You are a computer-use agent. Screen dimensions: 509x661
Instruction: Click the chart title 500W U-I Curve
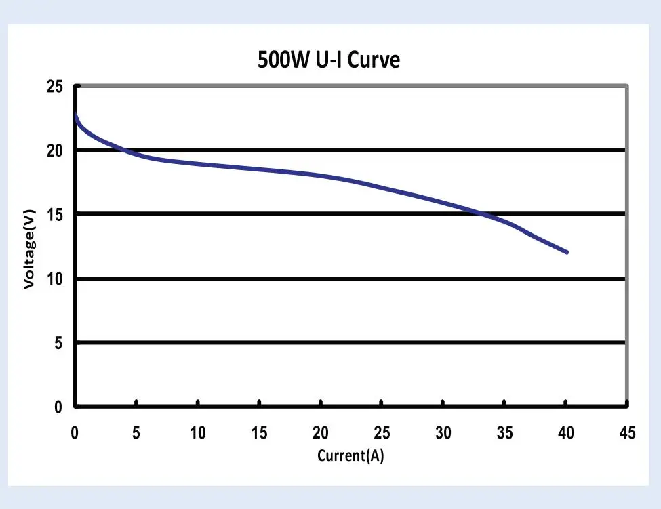[x=329, y=60]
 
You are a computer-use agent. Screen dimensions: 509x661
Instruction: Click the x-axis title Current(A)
[x=350, y=455]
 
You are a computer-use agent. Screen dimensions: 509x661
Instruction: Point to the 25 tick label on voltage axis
[x=54, y=86]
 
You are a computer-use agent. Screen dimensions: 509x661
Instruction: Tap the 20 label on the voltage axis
[x=54, y=150]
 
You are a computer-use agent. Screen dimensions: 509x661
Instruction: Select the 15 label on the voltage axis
[x=54, y=214]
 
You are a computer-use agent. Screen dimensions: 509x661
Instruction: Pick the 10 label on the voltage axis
[x=54, y=279]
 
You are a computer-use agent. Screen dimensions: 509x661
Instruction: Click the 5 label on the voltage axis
[x=58, y=343]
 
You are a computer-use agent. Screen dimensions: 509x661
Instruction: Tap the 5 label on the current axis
[x=136, y=432]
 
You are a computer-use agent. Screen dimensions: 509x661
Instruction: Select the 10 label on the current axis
[x=197, y=432]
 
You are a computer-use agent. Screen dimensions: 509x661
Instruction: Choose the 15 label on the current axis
[x=259, y=432]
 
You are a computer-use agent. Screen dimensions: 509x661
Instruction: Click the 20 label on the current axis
[x=320, y=432]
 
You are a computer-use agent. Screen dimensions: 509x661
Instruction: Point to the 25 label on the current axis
[x=382, y=432]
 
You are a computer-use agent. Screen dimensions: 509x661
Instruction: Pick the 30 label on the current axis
[x=443, y=432]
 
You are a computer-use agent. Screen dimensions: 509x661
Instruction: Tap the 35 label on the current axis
[x=504, y=432]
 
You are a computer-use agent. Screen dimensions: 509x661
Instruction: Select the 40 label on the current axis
[x=565, y=432]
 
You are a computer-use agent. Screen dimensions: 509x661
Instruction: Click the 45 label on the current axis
[x=627, y=432]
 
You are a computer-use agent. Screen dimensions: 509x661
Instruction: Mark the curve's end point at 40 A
[x=566, y=252]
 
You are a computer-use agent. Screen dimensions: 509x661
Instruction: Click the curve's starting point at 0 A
[x=75, y=114]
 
